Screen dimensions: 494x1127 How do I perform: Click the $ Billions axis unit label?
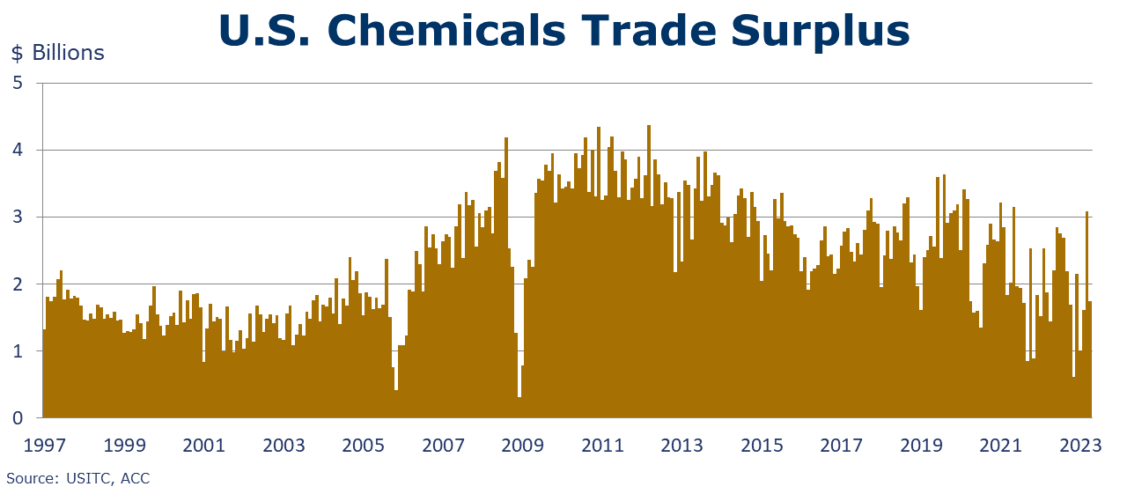coord(57,53)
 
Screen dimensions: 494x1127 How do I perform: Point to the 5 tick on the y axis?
coord(17,84)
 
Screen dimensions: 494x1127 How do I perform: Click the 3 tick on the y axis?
coord(17,218)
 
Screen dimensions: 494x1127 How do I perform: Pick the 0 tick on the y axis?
coord(17,418)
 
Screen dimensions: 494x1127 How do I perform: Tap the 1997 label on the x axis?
coord(43,445)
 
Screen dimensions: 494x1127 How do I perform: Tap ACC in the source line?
coord(136,478)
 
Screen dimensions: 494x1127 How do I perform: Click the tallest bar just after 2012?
coord(649,264)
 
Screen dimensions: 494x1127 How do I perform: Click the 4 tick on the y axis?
coord(17,151)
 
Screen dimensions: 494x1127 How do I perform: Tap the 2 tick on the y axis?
coord(17,284)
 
